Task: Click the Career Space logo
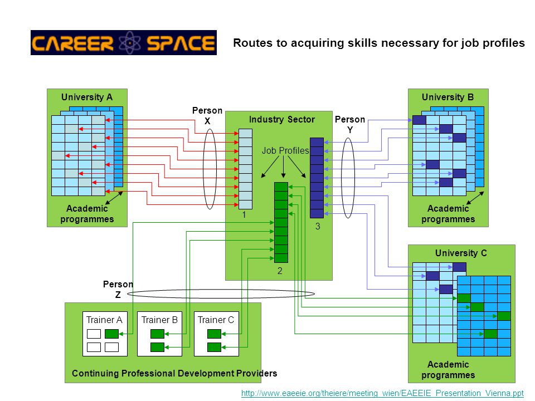pos(124,43)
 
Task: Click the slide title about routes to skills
pos(379,43)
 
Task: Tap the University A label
pos(87,97)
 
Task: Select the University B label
pos(448,97)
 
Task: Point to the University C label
pos(461,253)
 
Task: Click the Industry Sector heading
pos(282,119)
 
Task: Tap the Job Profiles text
pos(285,150)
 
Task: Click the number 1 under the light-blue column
pos(244,214)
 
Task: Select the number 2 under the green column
pos(280,271)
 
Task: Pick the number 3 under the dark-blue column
pos(318,226)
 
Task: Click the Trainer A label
pos(104,320)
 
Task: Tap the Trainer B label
pos(159,320)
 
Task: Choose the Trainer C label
pos(216,320)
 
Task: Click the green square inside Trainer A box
pos(111,334)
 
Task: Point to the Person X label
pos(207,116)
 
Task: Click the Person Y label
pos(350,124)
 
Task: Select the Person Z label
pos(118,289)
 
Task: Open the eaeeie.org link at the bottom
pos(382,393)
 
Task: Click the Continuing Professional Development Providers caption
pos(174,373)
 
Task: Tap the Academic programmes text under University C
pos(448,370)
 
